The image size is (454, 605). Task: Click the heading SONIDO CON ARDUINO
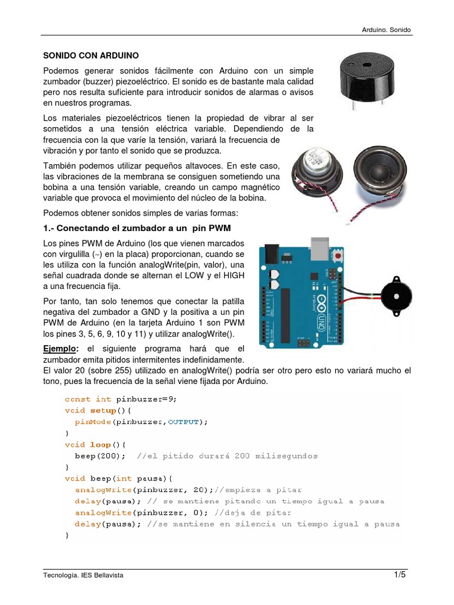(91, 56)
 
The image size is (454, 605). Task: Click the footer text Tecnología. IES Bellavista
(83, 575)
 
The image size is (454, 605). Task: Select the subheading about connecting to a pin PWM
(137, 228)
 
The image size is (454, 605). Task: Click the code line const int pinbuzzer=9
(121, 399)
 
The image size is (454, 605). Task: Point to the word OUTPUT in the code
(183, 422)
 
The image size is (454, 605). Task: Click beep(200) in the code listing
(100, 456)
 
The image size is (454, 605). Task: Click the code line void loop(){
(95, 444)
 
